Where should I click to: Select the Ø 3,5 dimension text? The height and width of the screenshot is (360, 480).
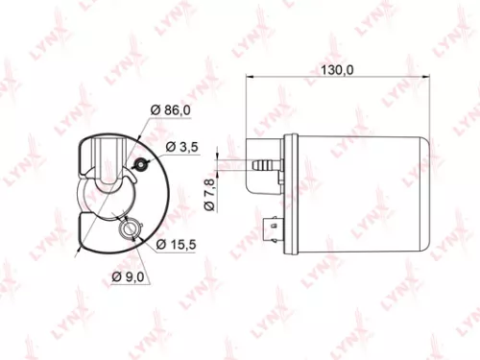(182, 147)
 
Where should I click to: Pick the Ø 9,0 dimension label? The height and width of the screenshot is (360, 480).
(130, 277)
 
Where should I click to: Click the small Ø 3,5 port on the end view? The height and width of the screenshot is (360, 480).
(141, 164)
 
